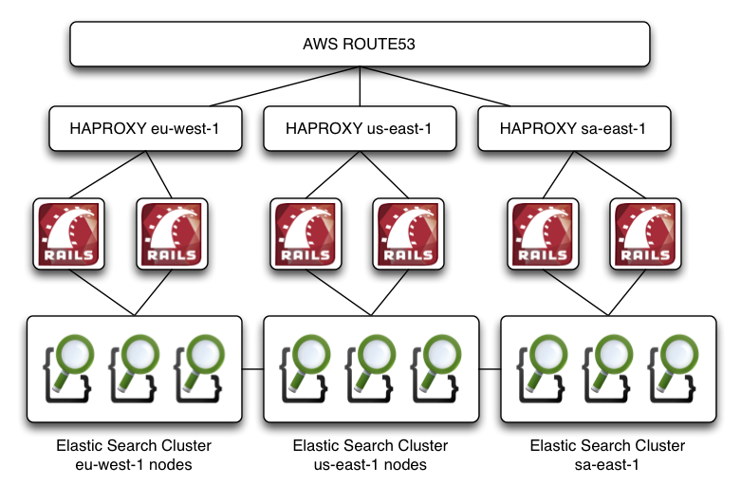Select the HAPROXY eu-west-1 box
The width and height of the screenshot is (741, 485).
(144, 128)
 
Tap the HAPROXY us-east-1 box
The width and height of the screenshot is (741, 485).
(359, 128)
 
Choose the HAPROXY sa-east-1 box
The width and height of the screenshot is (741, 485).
(572, 128)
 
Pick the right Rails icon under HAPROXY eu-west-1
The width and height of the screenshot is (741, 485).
(171, 233)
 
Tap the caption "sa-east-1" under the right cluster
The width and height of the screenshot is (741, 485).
(606, 464)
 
